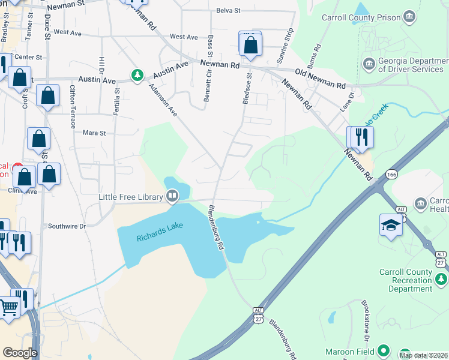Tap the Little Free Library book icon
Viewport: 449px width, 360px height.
pos(172,196)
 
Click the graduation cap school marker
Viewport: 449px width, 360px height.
pos(391,226)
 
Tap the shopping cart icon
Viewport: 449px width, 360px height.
pos(8,308)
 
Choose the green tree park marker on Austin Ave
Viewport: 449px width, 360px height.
pos(137,75)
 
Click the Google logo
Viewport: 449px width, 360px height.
pos(20,352)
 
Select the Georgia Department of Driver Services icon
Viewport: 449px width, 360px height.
pos(369,62)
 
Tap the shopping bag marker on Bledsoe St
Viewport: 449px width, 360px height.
pos(250,46)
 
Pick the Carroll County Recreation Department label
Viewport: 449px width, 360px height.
pos(405,280)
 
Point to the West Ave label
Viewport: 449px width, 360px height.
pos(184,37)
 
